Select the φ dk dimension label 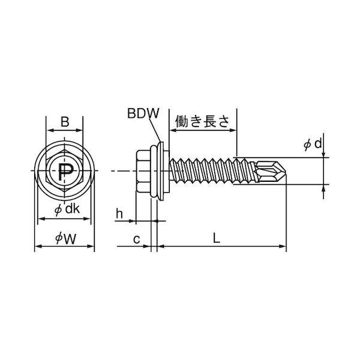pos(65,209)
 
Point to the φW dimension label pos(65,238)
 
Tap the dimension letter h pos(120,212)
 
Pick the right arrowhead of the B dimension pos(82,130)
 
